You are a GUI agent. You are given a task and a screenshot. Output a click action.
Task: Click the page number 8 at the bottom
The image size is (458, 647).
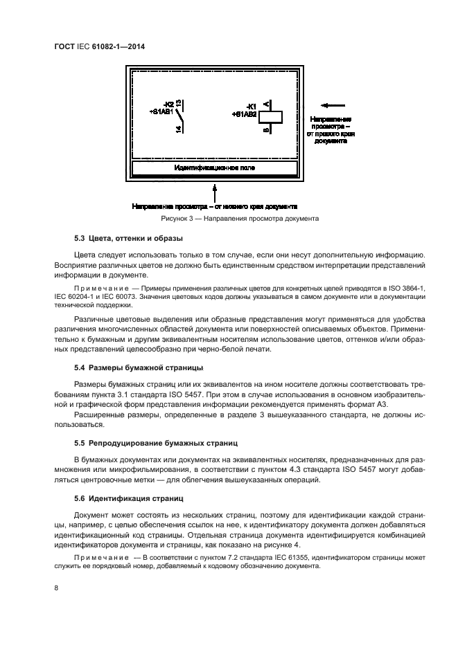click(x=55, y=588)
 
